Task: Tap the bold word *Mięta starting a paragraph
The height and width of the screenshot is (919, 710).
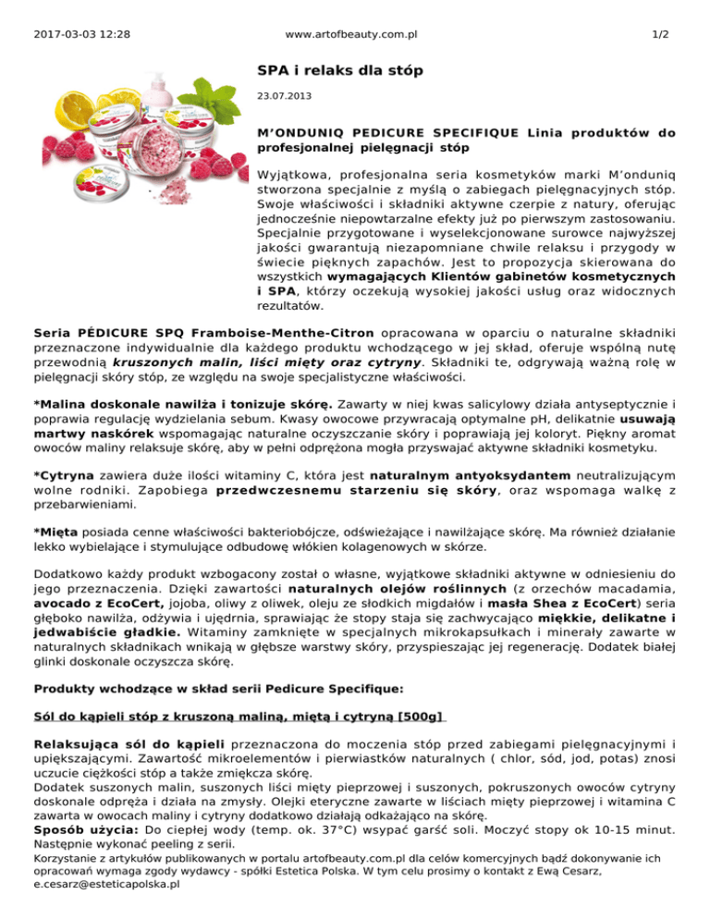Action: pos(55,532)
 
